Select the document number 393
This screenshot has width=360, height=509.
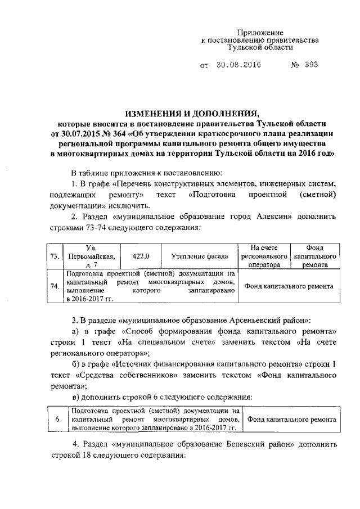[x=312, y=64]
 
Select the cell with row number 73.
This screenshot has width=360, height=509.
[x=55, y=256]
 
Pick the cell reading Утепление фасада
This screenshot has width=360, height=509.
[x=199, y=256]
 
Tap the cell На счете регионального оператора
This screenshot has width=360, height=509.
[x=264, y=256]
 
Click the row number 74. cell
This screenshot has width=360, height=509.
[x=55, y=286]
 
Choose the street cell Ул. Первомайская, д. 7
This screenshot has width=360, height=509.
[x=91, y=256]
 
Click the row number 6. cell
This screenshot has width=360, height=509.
[x=58, y=420]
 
